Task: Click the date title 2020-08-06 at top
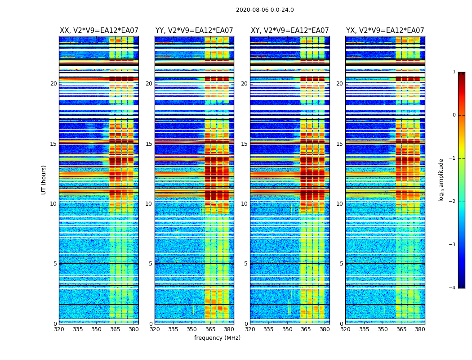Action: coord(265,10)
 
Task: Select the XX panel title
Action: coord(99,31)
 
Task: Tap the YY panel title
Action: coord(194,31)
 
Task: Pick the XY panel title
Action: coord(289,31)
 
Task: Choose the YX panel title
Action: coord(385,31)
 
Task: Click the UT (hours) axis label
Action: coord(44,180)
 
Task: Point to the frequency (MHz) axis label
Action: coord(217,338)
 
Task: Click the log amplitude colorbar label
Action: coord(441,180)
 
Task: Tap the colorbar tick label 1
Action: coord(454,72)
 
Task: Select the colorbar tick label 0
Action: coord(454,115)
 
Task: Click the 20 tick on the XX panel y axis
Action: coord(53,84)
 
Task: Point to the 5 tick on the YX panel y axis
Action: coord(342,264)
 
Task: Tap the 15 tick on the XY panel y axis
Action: coord(244,144)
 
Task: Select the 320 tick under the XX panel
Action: coord(59,329)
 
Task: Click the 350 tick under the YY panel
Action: coord(192,329)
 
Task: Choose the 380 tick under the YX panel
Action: coord(420,329)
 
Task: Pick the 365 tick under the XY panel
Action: coord(306,329)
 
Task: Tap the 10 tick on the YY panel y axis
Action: coord(149,204)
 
